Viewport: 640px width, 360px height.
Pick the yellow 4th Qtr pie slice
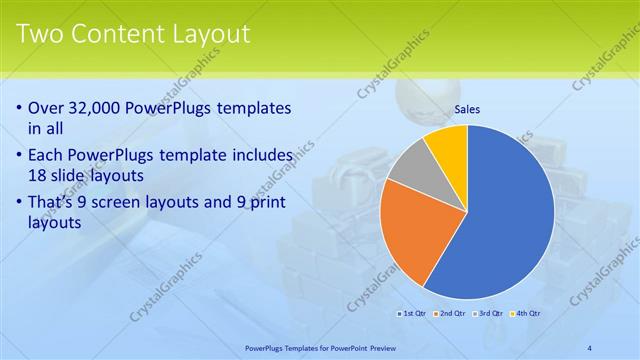click(447, 145)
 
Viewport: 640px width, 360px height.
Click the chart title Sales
click(467, 109)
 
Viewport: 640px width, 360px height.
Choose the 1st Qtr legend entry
click(412, 313)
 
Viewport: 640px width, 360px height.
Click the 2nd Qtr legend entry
click(450, 313)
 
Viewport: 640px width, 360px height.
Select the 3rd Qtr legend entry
click(489, 313)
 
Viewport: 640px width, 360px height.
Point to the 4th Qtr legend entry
click(526, 313)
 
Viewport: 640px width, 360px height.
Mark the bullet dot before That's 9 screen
click(21, 203)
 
